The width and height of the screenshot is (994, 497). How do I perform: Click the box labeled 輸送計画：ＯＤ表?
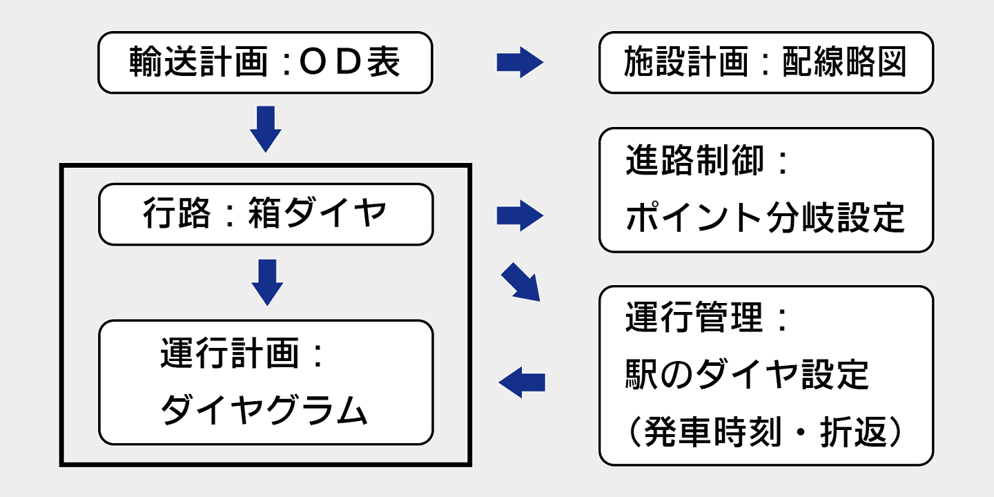[x=265, y=63]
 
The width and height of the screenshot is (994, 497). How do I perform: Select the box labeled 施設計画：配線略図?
[x=766, y=63]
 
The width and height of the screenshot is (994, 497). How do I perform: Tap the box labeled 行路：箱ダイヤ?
[x=266, y=214]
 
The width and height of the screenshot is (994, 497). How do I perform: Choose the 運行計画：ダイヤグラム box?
[x=266, y=382]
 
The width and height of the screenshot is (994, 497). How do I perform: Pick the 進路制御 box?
[x=766, y=190]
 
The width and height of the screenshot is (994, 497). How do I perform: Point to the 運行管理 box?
[x=766, y=376]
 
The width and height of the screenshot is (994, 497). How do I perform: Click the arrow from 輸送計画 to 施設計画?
[x=520, y=63]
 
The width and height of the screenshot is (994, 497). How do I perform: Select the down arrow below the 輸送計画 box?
[x=265, y=129]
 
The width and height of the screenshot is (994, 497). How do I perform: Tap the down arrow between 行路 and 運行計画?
[x=267, y=283]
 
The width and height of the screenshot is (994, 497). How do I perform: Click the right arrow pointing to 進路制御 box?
[x=520, y=215]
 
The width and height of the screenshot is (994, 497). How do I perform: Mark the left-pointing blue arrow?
[x=522, y=382]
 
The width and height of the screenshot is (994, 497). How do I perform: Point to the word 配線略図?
[x=844, y=61]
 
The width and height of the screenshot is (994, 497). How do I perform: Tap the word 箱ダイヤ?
[x=318, y=213]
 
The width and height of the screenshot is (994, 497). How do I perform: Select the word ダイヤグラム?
[x=264, y=409]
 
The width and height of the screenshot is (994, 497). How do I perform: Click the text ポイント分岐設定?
[x=765, y=217]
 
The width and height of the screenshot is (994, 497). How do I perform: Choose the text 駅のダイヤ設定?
[x=747, y=375]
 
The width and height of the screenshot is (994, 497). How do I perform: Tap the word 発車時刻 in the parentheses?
[x=712, y=432]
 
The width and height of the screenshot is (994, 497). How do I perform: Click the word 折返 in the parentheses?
[x=853, y=432]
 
